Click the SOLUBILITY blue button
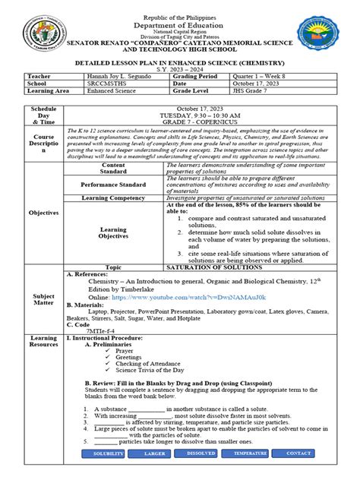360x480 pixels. point(108,453)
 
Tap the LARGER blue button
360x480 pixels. point(156,453)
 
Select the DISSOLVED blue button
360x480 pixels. point(201,453)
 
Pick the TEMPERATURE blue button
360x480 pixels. point(250,453)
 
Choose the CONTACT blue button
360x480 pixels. point(298,453)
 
